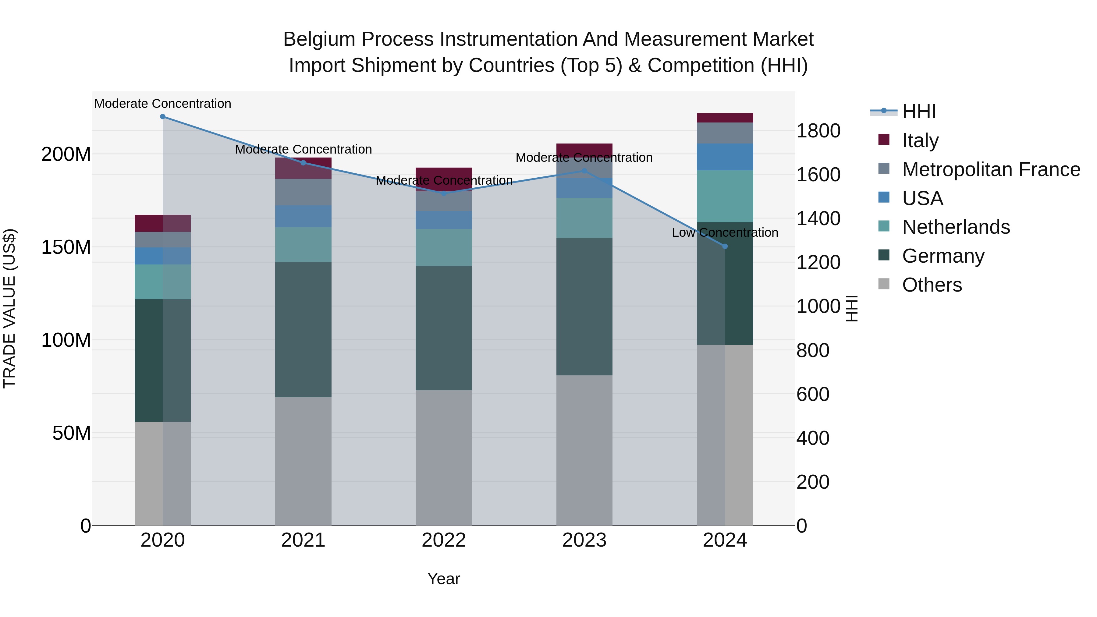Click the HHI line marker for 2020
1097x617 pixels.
(x=163, y=117)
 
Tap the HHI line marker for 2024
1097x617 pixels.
(x=725, y=246)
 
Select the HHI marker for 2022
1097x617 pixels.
(x=444, y=193)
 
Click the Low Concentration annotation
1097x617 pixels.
(x=725, y=232)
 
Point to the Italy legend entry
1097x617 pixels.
(x=920, y=140)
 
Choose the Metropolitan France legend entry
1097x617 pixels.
(x=991, y=169)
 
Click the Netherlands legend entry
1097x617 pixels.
(x=956, y=227)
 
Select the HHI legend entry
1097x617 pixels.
(x=918, y=112)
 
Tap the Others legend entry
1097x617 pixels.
(x=932, y=285)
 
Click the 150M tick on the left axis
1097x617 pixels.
(x=66, y=247)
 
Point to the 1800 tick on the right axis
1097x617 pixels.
(x=818, y=131)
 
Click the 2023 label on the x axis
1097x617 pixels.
(x=584, y=540)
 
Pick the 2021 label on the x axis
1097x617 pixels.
(x=303, y=540)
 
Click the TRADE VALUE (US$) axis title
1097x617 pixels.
(x=9, y=308)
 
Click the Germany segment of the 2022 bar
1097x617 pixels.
(x=444, y=328)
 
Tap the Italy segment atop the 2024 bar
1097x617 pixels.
(x=725, y=118)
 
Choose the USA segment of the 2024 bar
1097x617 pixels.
(x=725, y=157)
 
